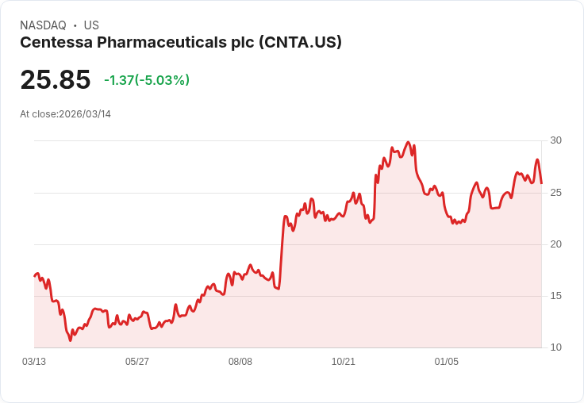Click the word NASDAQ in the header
click(42, 25)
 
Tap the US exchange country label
click(91, 25)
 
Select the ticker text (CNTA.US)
click(301, 43)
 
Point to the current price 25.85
click(56, 80)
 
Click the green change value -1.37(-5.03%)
click(147, 80)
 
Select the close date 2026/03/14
click(85, 114)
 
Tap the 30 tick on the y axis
click(556, 140)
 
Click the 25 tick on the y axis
click(556, 193)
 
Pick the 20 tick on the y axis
click(556, 244)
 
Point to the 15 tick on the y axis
click(556, 296)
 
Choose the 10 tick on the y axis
click(556, 347)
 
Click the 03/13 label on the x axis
click(34, 362)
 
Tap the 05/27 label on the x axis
click(137, 362)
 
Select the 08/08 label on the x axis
click(240, 362)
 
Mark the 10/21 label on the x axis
click(344, 362)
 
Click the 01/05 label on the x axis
click(447, 362)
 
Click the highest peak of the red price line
click(408, 143)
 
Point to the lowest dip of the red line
click(70, 340)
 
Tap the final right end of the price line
click(541, 183)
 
